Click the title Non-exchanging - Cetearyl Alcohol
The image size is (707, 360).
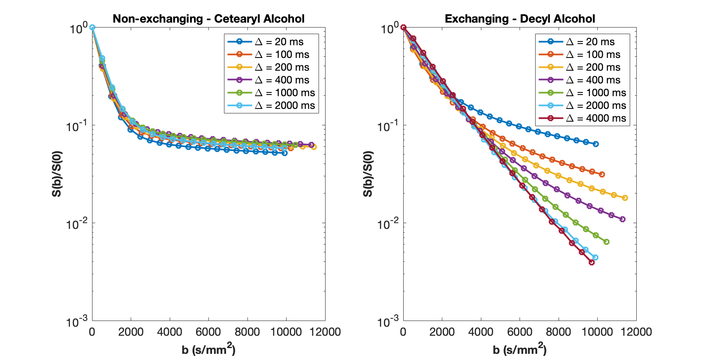click(208, 19)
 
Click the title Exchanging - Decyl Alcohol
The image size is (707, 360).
click(520, 19)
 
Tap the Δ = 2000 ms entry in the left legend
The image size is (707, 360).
click(271, 106)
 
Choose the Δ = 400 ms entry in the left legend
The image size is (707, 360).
click(271, 80)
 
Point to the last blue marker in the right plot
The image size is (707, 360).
click(596, 144)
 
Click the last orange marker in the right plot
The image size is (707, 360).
click(602, 174)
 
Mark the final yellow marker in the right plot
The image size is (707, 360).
click(625, 198)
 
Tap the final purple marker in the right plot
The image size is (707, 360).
click(622, 219)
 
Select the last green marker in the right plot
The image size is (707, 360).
click(606, 242)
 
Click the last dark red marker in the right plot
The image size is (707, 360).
click(591, 262)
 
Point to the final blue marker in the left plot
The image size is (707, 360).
click(284, 153)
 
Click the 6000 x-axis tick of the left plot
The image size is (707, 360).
click(208, 332)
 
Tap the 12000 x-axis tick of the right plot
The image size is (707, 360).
click(636, 332)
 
